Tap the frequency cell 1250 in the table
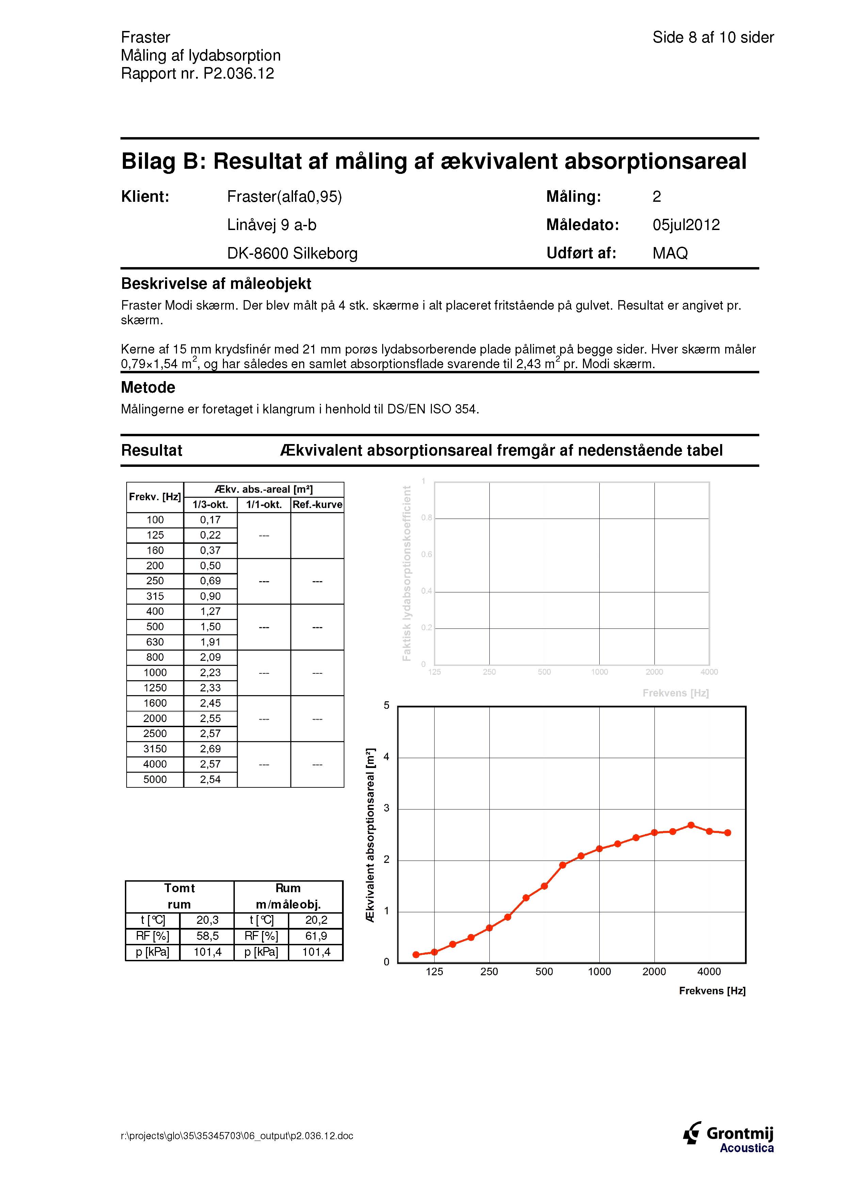point(155,687)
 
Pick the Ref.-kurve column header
point(317,504)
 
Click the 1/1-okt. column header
point(264,504)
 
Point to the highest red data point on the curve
point(691,825)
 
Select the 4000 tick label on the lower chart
point(709,971)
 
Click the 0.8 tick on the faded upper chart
point(426,518)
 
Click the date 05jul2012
point(686,225)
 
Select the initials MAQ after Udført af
point(670,253)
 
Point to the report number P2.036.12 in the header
point(239,73)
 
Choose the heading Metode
point(148,388)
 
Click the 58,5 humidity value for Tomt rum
point(208,936)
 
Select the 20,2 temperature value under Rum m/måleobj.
point(316,920)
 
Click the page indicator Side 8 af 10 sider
point(713,37)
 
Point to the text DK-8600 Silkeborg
point(292,253)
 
